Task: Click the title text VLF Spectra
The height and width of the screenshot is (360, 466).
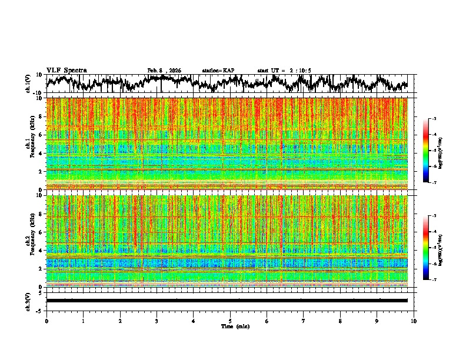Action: tap(66, 71)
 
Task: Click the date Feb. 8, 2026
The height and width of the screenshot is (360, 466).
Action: tap(164, 71)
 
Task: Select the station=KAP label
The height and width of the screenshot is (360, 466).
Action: tap(218, 71)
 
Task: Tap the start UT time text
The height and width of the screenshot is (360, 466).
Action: tap(284, 71)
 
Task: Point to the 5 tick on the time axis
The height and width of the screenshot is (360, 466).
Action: tap(230, 321)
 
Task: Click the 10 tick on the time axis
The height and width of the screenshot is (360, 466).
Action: tap(414, 321)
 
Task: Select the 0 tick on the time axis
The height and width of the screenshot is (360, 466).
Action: tap(46, 321)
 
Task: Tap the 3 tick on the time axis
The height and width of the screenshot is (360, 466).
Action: tap(157, 321)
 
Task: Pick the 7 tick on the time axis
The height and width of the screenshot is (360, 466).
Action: tap(304, 321)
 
